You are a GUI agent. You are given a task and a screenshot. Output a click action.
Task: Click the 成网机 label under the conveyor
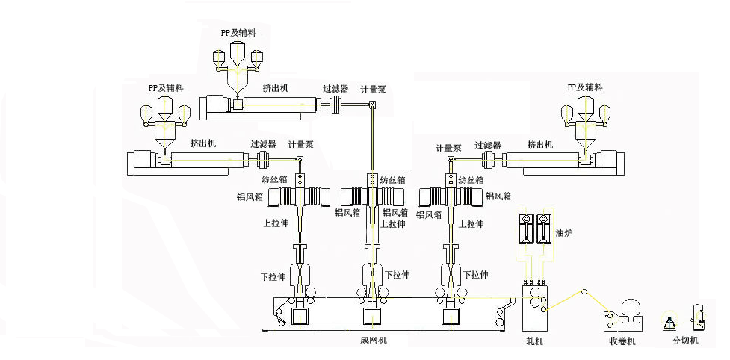click(x=373, y=340)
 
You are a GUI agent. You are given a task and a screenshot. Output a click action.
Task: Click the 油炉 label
click(x=564, y=232)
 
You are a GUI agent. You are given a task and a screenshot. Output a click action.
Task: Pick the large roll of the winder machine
click(x=631, y=307)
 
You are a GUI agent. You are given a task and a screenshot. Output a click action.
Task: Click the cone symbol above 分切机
click(x=669, y=322)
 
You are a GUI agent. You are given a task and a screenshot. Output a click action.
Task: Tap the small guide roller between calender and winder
click(x=585, y=291)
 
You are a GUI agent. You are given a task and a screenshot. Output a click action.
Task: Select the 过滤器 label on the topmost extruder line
click(x=335, y=88)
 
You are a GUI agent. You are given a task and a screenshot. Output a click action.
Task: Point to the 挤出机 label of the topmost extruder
click(x=276, y=87)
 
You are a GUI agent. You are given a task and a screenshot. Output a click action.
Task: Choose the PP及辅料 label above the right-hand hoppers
click(x=585, y=87)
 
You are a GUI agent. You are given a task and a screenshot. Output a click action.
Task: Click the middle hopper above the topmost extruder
click(x=238, y=52)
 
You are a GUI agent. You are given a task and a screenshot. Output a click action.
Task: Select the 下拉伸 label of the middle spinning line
click(x=397, y=274)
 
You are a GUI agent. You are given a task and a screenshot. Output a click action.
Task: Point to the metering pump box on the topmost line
click(x=373, y=108)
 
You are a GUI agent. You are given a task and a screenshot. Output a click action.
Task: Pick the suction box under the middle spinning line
click(x=372, y=317)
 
